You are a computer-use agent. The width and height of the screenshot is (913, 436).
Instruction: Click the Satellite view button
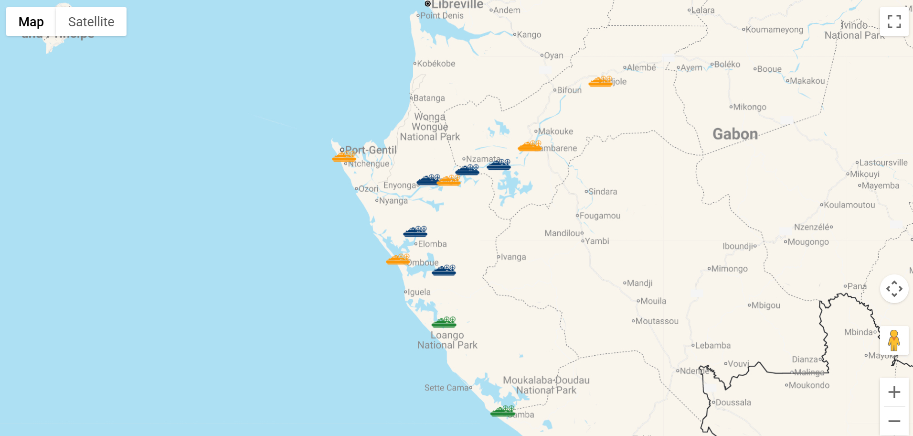click(x=91, y=22)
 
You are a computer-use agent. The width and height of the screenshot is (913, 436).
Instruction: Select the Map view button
click(x=31, y=22)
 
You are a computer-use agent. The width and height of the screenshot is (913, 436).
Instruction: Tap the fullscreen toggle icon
click(x=894, y=22)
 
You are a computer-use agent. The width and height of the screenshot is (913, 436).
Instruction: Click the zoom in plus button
click(x=894, y=392)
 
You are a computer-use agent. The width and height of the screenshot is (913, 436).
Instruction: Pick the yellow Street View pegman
click(x=894, y=340)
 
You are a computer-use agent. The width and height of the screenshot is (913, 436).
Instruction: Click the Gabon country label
click(x=735, y=134)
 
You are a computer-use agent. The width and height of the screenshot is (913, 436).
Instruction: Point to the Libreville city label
click(x=457, y=5)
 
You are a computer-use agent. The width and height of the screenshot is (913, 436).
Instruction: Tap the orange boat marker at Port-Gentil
click(x=344, y=157)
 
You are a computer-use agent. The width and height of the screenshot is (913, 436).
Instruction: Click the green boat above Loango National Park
click(x=444, y=323)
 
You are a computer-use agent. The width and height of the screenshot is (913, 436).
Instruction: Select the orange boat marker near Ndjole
click(x=601, y=82)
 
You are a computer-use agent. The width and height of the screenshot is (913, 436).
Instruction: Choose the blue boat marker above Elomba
click(x=415, y=232)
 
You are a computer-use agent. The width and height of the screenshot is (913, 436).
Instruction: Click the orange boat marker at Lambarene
click(x=530, y=146)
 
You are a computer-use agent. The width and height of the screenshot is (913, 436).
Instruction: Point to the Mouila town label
click(x=653, y=301)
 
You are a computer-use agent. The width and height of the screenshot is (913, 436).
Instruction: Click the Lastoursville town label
click(x=883, y=163)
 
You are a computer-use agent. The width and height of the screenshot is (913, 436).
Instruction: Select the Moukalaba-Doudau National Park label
click(x=546, y=385)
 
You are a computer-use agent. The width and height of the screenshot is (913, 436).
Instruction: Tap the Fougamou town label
click(x=600, y=216)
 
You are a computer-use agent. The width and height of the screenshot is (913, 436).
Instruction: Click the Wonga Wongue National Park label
click(x=430, y=127)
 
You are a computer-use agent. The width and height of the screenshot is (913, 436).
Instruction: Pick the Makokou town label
click(x=807, y=81)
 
